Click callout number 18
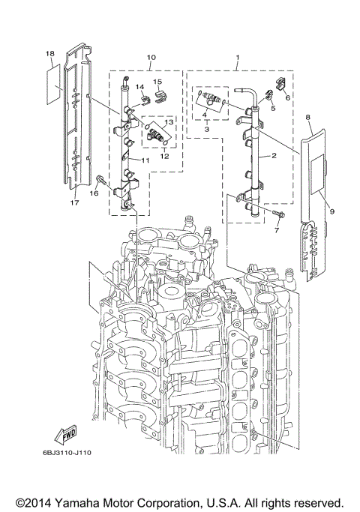49,54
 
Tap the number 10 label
151,57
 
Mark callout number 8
307,118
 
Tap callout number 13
169,121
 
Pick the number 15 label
158,81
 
